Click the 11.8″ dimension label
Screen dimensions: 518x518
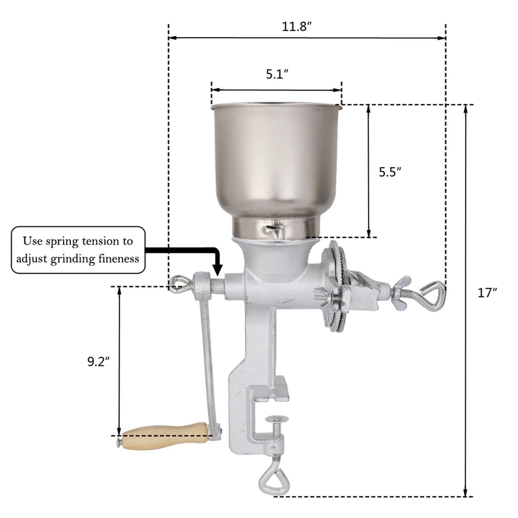click(296, 27)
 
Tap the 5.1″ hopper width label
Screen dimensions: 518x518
click(277, 74)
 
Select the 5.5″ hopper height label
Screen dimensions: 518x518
click(390, 172)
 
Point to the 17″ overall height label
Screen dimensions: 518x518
click(487, 293)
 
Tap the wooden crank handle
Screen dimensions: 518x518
click(165, 433)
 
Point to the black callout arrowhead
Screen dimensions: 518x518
click(218, 270)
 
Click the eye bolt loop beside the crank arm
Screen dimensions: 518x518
click(180, 284)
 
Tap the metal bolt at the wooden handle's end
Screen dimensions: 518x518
click(119, 442)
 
